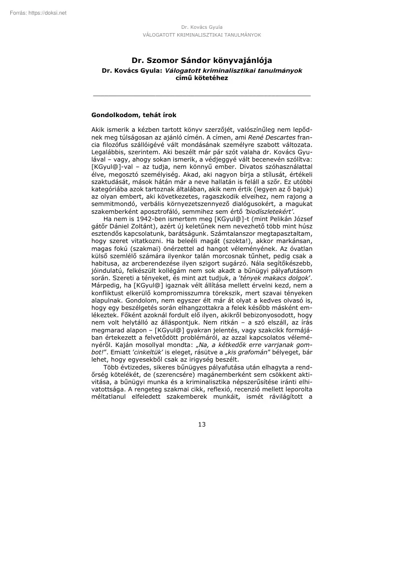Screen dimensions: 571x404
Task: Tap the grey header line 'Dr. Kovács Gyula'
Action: pos(202,27)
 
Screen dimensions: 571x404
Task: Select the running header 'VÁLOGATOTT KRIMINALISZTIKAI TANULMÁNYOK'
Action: pos(202,35)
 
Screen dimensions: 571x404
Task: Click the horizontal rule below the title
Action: pos(202,95)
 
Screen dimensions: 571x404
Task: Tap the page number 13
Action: pos(202,424)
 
